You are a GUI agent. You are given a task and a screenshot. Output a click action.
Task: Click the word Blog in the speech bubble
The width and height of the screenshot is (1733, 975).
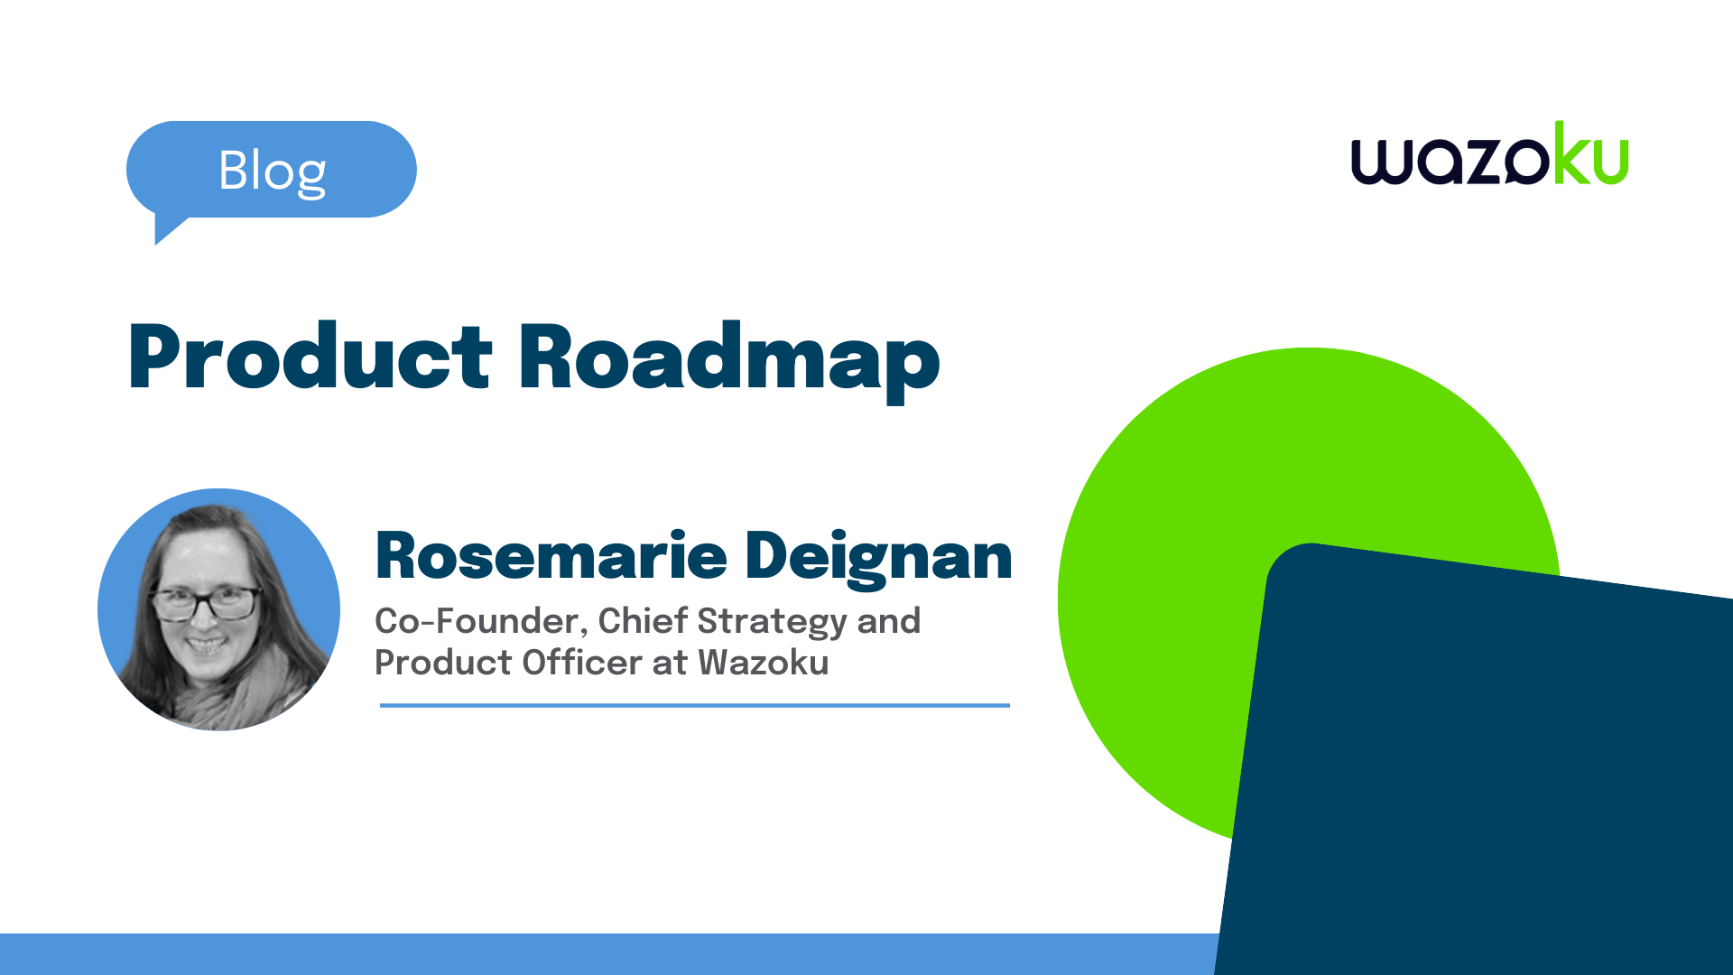272,172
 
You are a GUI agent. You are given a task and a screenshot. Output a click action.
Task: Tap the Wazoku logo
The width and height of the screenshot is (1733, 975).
1489,153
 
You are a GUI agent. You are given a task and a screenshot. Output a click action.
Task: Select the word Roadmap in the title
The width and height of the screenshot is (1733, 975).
729,361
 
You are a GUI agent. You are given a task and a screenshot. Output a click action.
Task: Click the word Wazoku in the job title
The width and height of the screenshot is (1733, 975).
764,662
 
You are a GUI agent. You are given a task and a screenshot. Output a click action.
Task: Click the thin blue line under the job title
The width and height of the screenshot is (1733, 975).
695,705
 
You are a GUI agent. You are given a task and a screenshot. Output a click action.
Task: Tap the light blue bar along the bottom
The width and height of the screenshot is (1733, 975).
609,954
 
